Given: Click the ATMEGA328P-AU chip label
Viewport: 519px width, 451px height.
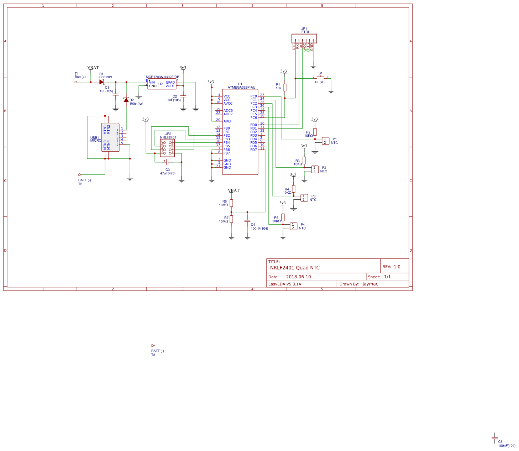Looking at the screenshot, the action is (241, 87).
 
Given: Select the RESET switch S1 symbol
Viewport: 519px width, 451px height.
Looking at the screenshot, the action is (320, 76).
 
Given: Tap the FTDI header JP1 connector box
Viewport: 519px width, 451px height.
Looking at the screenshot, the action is (304, 38).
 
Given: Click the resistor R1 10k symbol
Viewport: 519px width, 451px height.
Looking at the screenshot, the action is (285, 87).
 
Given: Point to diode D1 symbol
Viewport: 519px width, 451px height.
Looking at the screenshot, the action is (101, 82).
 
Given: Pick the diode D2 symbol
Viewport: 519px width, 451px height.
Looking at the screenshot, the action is (126, 100).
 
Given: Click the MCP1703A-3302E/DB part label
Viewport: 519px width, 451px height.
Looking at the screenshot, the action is (162, 77).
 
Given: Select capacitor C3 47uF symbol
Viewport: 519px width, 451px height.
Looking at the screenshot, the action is (167, 162).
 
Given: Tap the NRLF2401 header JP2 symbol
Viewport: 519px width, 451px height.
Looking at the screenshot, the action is (167, 148).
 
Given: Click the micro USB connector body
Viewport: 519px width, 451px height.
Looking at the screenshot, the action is (110, 137).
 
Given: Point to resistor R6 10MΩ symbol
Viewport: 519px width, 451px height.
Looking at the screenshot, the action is (231, 203).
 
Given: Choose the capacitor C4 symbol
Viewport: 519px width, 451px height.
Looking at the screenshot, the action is (247, 221).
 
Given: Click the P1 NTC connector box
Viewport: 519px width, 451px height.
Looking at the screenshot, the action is (325, 141).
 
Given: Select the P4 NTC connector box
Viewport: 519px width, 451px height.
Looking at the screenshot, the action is (293, 226).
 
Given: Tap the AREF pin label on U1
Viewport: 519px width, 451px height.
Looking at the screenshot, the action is (227, 121).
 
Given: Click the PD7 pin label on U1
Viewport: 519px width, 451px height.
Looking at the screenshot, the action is (253, 150).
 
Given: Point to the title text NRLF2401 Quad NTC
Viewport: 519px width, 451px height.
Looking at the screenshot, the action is (295, 268).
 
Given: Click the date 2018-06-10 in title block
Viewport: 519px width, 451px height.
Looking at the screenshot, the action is (298, 277).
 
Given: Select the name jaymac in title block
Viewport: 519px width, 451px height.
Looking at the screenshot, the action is (370, 284).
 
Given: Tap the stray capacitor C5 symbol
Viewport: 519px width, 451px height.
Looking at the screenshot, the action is (494, 438).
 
